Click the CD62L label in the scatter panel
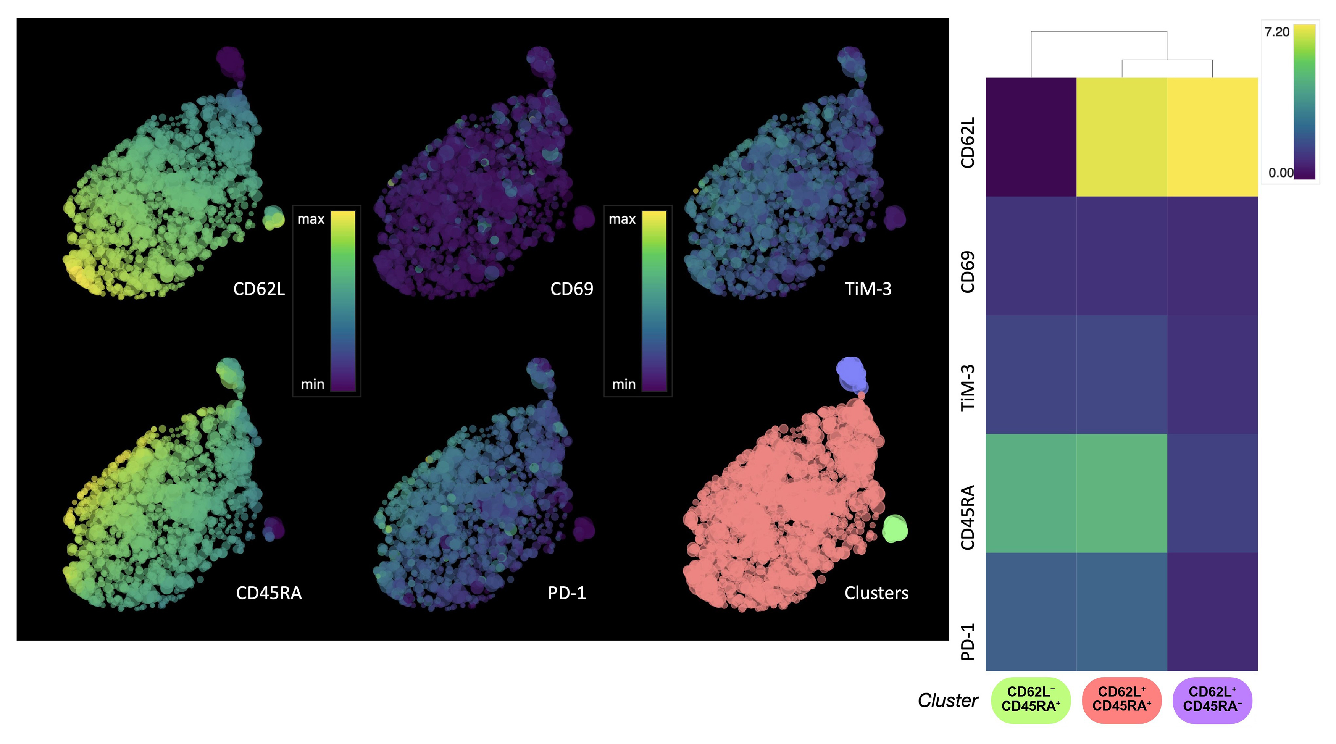pos(259,289)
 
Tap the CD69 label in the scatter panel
pos(571,289)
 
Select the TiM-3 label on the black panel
pos(868,289)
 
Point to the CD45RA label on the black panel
pos(269,592)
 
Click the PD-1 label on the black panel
pos(567,592)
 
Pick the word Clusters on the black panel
pos(876,592)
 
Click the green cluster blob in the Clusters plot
pos(895,529)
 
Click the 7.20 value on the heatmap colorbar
pos(1276,32)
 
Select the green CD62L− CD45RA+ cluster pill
pos(1031,699)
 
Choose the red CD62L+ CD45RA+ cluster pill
pos(1121,699)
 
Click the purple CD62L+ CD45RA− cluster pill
pos(1212,699)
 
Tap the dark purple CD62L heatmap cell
pos(1031,137)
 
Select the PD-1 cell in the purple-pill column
pos(1212,612)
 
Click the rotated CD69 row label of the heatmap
pos(968,272)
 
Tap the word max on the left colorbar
pos(311,219)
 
